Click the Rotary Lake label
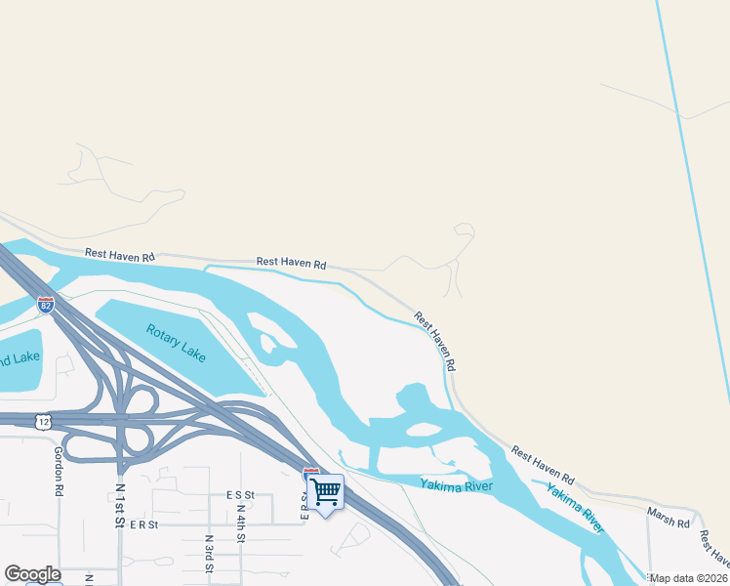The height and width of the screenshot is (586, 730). [x=177, y=343]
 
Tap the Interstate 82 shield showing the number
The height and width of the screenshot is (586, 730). [x=46, y=305]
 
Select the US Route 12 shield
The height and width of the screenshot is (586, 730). [x=40, y=421]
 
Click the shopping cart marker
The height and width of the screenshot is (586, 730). [x=325, y=491]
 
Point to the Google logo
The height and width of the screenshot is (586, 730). [x=32, y=574]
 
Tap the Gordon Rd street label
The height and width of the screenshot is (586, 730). [x=59, y=470]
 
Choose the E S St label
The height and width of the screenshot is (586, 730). [x=239, y=495]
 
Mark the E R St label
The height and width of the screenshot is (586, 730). [x=142, y=524]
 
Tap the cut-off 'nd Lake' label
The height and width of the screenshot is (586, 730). [x=20, y=358]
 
